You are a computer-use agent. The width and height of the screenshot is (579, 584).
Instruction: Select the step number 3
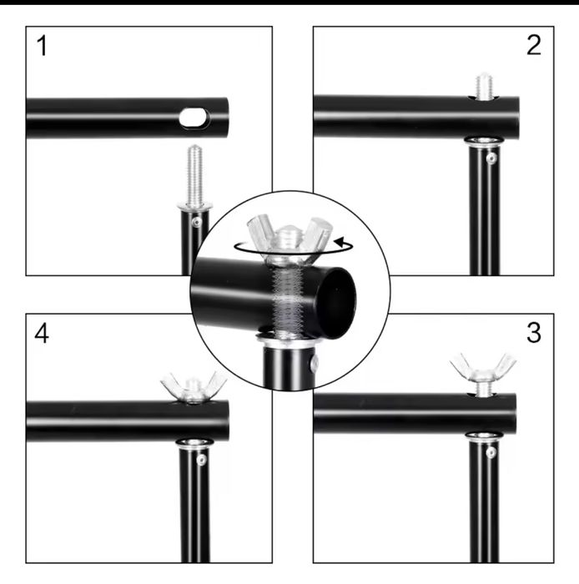point(534,333)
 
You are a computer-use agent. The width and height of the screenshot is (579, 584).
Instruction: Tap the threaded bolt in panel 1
point(194,176)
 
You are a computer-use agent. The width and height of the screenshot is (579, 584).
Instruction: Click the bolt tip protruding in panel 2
point(485,86)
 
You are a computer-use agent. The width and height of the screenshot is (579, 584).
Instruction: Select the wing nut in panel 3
point(483,368)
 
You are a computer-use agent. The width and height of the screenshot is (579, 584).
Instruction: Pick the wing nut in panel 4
point(194,386)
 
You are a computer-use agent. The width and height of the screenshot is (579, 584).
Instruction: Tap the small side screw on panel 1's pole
point(195,222)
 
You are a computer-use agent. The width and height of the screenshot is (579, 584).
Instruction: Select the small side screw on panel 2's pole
point(492,158)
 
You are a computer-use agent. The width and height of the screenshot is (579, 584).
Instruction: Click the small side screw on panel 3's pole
point(491,451)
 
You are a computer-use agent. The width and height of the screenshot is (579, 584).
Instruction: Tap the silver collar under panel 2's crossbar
point(484,142)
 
